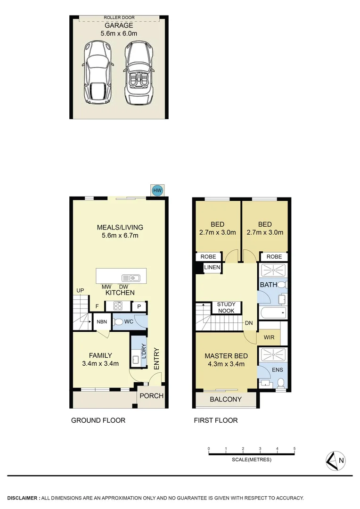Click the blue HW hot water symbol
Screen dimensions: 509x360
tap(157, 190)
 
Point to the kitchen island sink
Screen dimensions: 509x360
tap(129, 278)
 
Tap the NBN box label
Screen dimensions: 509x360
tap(102, 322)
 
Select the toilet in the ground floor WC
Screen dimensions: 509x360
tap(119, 322)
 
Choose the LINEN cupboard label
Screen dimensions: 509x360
tap(212, 268)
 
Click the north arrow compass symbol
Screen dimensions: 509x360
tap(336, 461)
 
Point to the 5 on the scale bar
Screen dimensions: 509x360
tap(295, 449)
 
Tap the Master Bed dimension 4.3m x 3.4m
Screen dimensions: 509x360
tap(226, 364)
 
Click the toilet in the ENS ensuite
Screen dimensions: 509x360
tap(280, 383)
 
